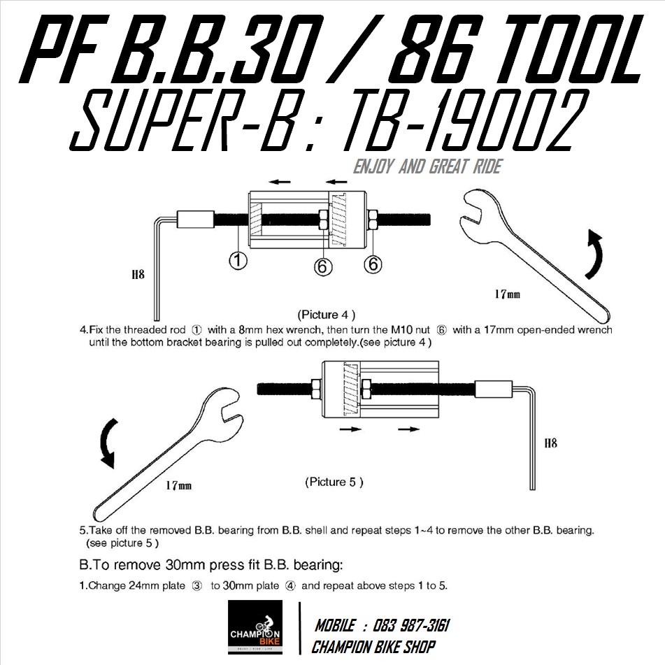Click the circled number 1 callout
(x=238, y=262)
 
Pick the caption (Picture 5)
(x=334, y=482)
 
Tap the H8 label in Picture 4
(x=137, y=275)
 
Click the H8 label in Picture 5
(x=550, y=443)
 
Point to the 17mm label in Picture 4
(x=507, y=294)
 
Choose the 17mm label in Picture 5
(x=178, y=485)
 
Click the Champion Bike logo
(x=255, y=627)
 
